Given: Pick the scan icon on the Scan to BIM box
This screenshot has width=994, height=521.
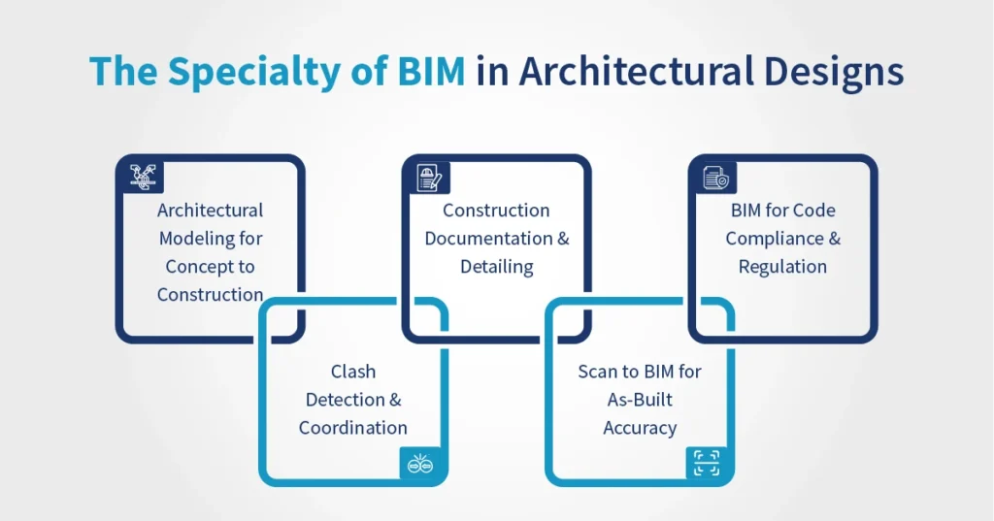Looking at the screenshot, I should pyautogui.click(x=707, y=464).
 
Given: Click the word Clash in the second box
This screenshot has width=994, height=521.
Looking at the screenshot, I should pyautogui.click(x=352, y=372).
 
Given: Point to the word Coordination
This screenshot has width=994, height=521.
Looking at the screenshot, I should pyautogui.click(x=352, y=428).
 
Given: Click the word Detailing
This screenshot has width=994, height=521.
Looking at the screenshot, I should pyautogui.click(x=496, y=267).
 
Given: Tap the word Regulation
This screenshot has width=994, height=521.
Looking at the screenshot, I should pyautogui.click(x=782, y=267).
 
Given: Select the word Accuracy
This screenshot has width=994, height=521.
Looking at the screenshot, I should pyautogui.click(x=639, y=428).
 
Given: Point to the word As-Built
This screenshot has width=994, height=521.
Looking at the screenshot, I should pyautogui.click(x=639, y=400).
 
